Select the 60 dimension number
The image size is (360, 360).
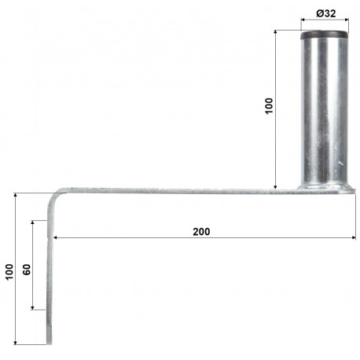coord(27,268)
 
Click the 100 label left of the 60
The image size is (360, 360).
coord(9,272)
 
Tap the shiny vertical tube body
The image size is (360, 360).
coord(325,110)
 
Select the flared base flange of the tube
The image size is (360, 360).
coord(325,186)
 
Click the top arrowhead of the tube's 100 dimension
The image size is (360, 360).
coord(277,33)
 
